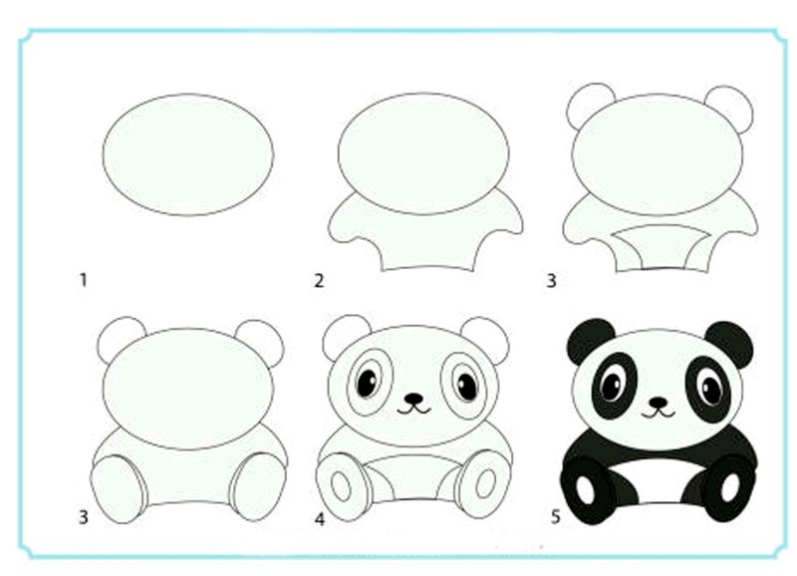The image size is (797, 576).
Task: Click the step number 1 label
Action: point(84,280)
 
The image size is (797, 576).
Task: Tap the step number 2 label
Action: point(319,281)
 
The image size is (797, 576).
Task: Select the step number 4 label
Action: point(319,519)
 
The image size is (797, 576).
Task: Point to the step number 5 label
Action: point(555,517)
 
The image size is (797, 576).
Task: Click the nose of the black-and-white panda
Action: point(659,403)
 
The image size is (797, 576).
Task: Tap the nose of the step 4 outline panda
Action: point(414,398)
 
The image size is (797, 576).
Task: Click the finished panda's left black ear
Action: point(590,340)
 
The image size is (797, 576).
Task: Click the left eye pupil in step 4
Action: point(367,383)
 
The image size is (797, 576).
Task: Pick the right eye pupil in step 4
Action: point(467,387)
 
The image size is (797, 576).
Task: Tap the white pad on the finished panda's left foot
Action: point(585,489)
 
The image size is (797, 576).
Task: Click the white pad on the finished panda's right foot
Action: point(730,487)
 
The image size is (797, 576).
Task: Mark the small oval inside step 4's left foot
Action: point(341,485)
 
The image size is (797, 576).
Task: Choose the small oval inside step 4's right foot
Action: point(485,483)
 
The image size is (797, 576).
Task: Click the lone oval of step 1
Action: point(188,154)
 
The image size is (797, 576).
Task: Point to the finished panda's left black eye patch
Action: point(616,386)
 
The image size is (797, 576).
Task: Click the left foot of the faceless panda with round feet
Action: point(118,489)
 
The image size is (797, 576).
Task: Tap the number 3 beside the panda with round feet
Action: point(84,517)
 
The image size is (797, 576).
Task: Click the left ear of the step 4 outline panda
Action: point(343,335)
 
